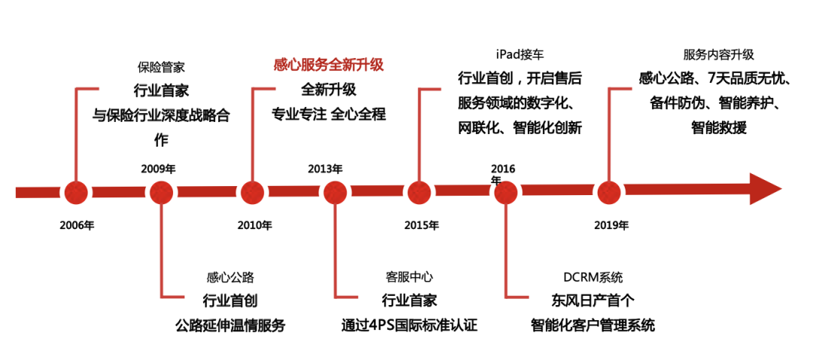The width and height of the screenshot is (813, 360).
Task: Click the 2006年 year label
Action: [78, 224]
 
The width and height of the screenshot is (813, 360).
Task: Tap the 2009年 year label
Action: [158, 169]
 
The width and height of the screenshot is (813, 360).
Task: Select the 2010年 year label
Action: [254, 224]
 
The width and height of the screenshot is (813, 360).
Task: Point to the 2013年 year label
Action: [325, 169]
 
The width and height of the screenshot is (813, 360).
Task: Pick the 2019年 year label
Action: [611, 224]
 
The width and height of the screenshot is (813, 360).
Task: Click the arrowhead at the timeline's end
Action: [764, 189]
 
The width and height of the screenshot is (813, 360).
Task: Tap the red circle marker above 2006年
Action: [76, 193]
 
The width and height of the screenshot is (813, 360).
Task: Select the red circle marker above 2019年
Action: [608, 193]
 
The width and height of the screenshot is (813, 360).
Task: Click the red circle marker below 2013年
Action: [335, 193]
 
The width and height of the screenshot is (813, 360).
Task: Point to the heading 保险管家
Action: [161, 69]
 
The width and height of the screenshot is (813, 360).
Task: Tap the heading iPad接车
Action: [519, 54]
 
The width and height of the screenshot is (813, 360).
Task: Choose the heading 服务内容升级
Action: [718, 54]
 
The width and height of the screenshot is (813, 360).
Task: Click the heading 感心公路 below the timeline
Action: [230, 278]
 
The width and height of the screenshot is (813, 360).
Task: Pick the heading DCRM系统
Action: [592, 278]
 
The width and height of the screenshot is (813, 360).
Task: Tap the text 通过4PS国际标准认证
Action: [410, 325]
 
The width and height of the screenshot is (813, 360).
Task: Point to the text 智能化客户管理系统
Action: [592, 325]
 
